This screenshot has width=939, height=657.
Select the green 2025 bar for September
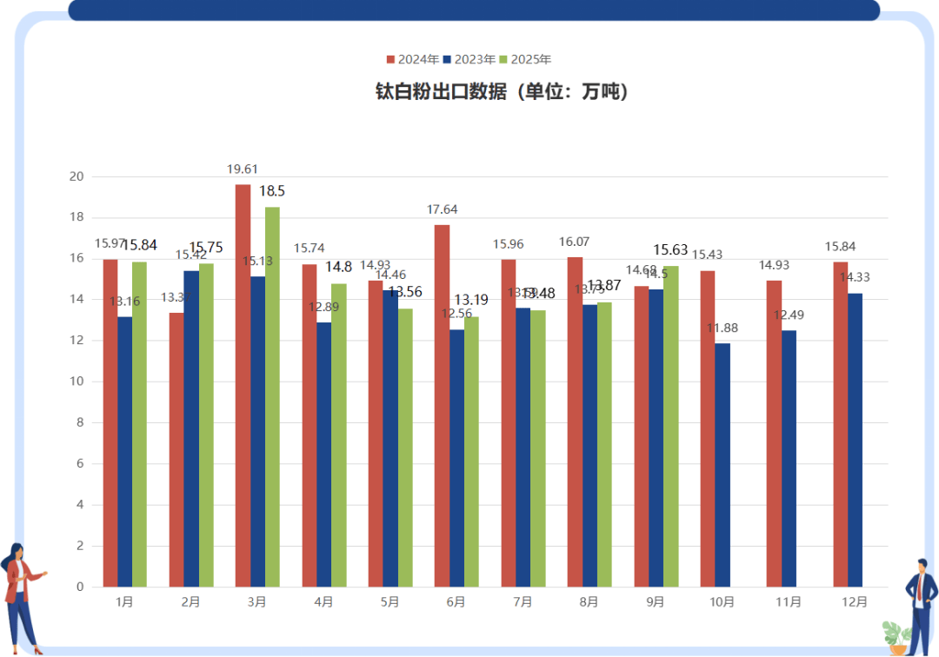pyautogui.click(x=670, y=426)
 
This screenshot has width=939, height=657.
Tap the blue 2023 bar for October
pyautogui.click(x=723, y=465)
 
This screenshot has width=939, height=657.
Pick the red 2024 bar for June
pyautogui.click(x=442, y=405)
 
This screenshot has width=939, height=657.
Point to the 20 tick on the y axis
pyautogui.click(x=77, y=176)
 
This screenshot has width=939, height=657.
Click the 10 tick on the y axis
pyautogui.click(x=77, y=382)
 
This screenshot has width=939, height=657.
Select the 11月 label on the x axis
pyautogui.click(x=789, y=601)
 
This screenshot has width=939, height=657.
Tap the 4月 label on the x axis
pyautogui.click(x=323, y=601)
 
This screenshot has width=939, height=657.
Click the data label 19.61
pyautogui.click(x=243, y=169)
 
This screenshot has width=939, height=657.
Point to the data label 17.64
pyautogui.click(x=442, y=209)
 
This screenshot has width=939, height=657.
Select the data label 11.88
pyautogui.click(x=723, y=328)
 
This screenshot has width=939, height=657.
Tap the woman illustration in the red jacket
pyautogui.click(x=21, y=596)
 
